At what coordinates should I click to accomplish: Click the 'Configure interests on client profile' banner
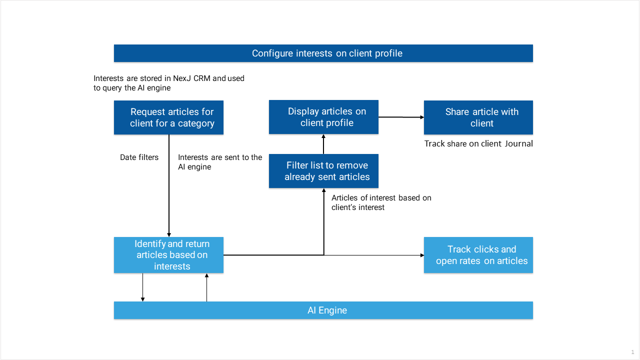323,53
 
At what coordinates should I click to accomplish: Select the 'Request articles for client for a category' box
168,117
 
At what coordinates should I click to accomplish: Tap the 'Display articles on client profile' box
323,117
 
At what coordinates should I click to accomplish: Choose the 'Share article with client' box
478,117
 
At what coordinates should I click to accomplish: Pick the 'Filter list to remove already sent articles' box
323,171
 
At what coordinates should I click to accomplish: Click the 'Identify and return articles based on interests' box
168,255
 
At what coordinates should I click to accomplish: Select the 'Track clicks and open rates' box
478,255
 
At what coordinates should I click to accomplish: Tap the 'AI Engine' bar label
327,310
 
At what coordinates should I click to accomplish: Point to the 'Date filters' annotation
139,157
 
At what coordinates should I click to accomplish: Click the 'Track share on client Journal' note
478,143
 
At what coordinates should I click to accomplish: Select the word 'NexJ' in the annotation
182,78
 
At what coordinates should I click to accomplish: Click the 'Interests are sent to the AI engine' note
220,162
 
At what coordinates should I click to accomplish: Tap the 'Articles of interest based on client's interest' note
381,202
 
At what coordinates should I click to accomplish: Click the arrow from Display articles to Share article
401,117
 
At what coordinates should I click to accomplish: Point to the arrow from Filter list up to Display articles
323,144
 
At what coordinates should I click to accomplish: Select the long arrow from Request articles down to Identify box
169,185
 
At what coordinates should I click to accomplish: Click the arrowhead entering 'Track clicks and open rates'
422,255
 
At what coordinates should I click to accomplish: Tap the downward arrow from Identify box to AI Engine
142,287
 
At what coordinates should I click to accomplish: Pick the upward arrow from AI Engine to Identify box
206,287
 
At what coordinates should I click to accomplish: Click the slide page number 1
632,352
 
